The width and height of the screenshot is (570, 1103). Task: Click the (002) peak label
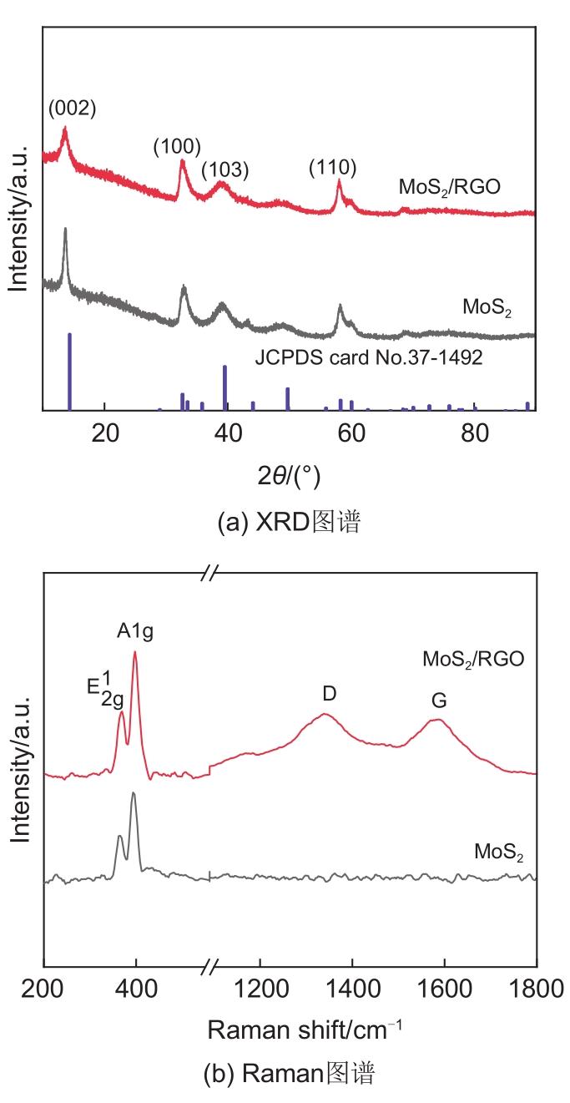[x=73, y=108]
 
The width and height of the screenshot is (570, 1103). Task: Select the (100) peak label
[x=177, y=147]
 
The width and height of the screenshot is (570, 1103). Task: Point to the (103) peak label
[x=224, y=170]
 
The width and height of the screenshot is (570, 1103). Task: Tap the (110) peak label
[x=332, y=167]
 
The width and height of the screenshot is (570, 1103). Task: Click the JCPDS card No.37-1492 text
[x=369, y=360]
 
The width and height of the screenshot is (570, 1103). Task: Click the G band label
[x=438, y=701]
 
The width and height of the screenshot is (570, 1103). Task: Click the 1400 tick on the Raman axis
[x=352, y=990]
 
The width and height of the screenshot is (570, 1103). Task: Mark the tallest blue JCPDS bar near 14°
[x=69, y=372]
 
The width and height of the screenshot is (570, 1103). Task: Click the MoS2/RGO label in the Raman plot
[x=473, y=659]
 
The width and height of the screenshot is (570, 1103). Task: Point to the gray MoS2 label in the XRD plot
[x=487, y=307]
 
